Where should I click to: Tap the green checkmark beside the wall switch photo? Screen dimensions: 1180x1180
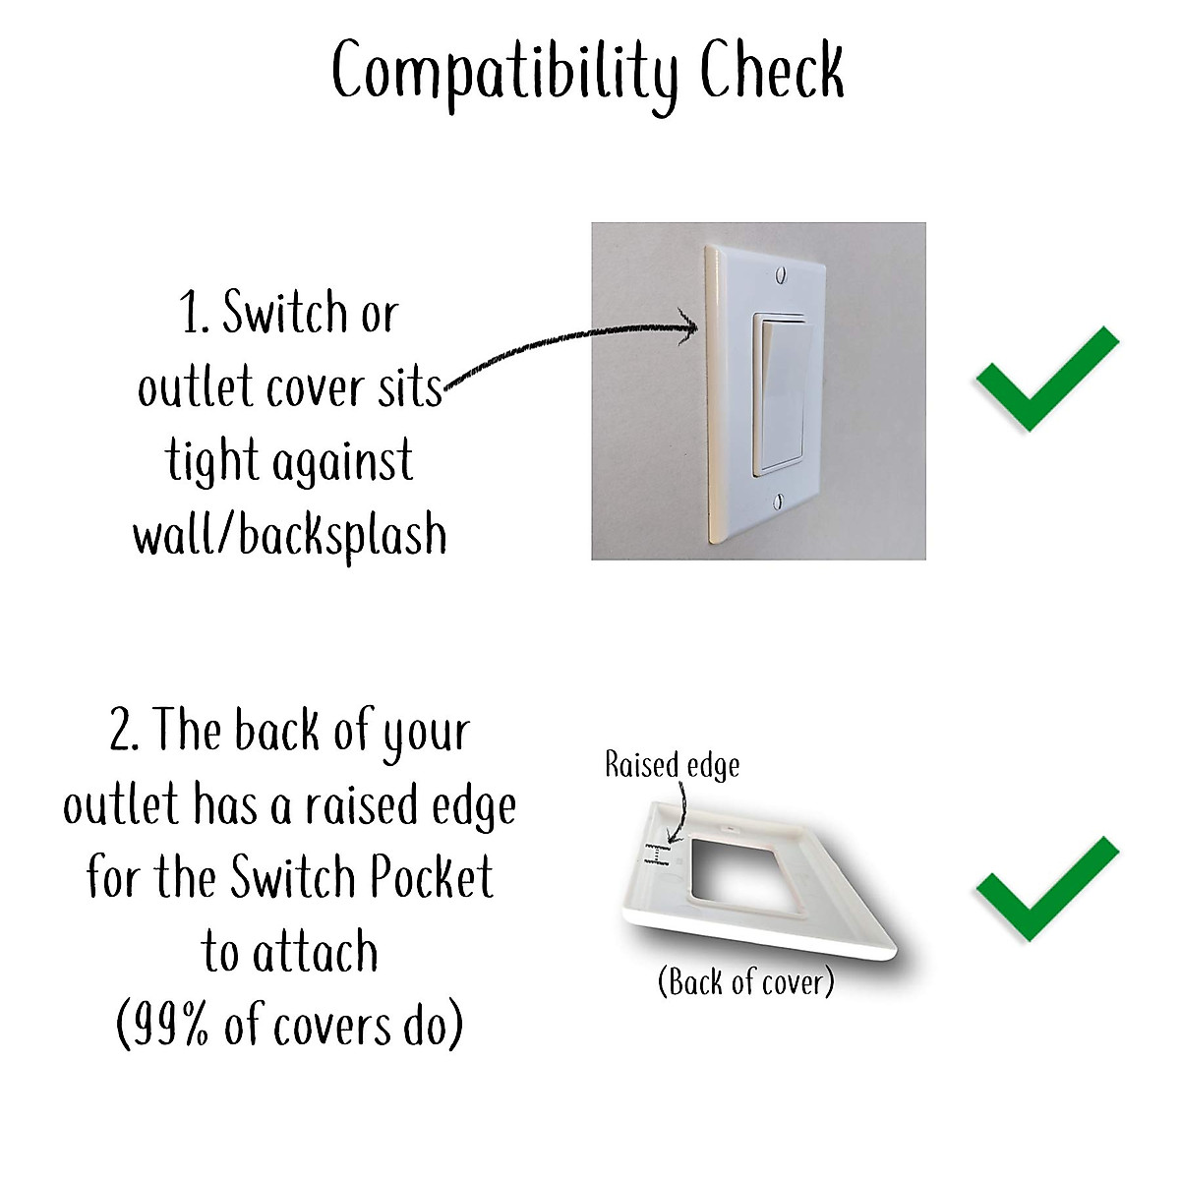click(1046, 379)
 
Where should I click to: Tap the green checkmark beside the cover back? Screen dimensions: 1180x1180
click(1046, 888)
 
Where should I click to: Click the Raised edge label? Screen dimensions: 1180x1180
click(672, 765)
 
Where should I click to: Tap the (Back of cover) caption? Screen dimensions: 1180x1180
click(745, 980)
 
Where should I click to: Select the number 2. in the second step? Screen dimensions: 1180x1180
click(125, 733)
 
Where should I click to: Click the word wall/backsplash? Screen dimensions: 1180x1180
click(290, 536)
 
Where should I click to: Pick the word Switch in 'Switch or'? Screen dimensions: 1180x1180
click(285, 313)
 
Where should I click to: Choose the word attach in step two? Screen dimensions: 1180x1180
click(315, 952)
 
